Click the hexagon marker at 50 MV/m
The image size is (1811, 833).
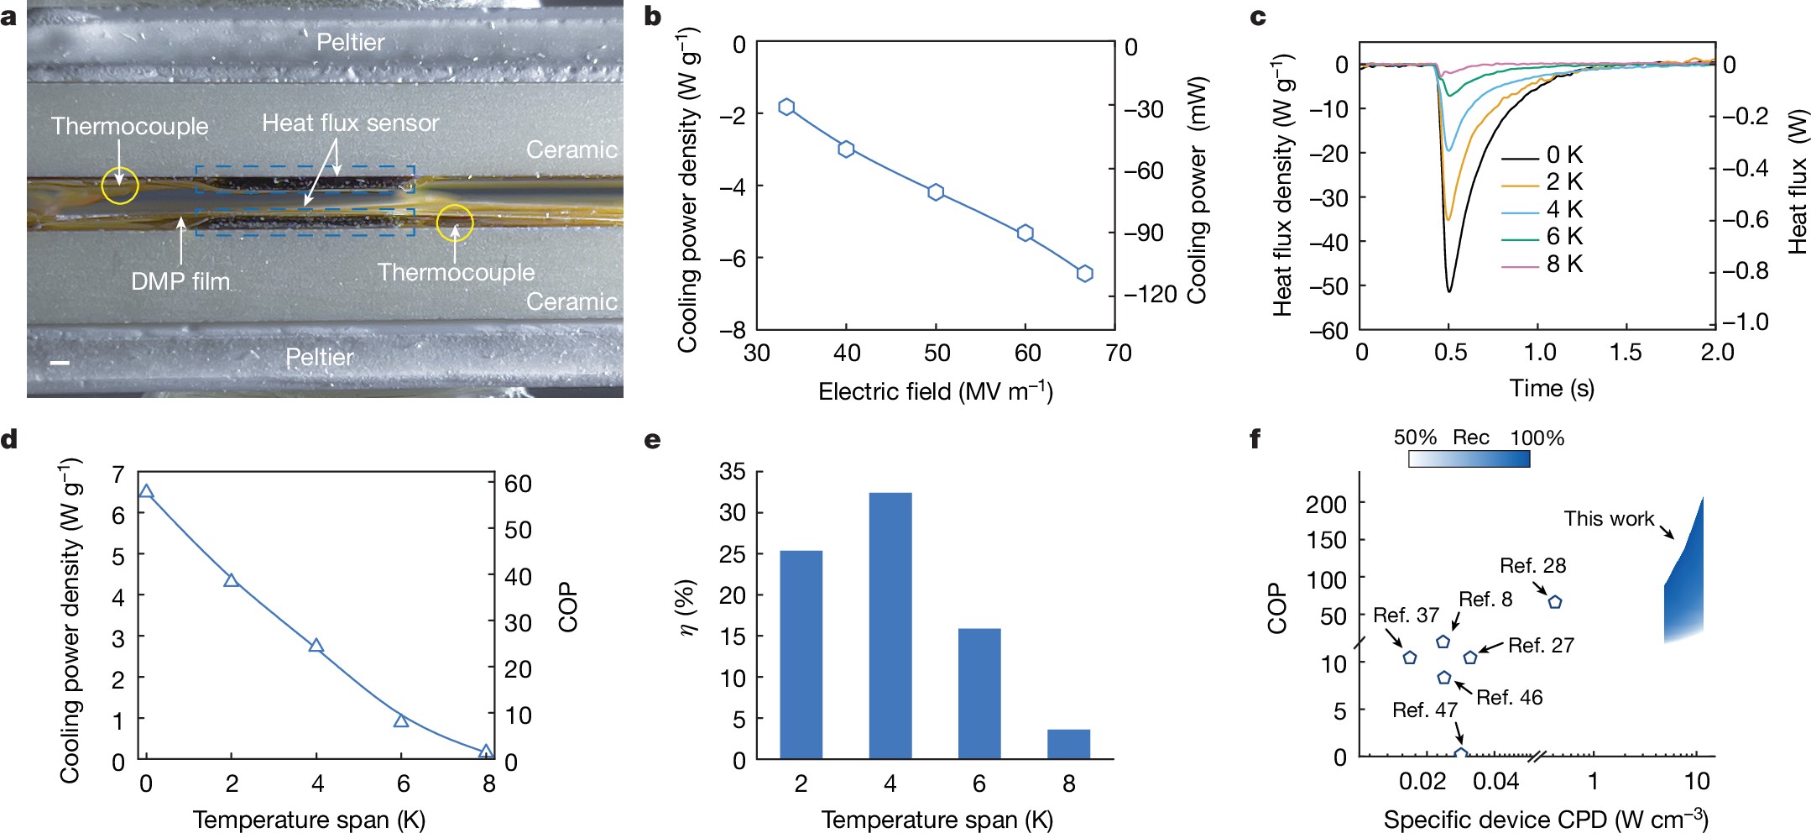(x=936, y=192)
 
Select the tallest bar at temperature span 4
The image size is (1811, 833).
(x=890, y=626)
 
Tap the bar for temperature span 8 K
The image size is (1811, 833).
(x=1068, y=744)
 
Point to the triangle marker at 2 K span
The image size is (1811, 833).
(x=232, y=580)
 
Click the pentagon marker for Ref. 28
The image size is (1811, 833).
(x=1554, y=602)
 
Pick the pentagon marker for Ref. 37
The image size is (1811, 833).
(x=1410, y=657)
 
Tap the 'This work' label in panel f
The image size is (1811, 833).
(x=1608, y=519)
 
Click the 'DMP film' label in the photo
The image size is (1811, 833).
(x=180, y=281)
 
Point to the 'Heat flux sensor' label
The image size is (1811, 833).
(x=350, y=123)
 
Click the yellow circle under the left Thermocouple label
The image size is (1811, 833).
(x=120, y=186)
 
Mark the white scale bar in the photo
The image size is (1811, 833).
(x=60, y=363)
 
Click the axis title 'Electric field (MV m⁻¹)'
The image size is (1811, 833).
(x=935, y=391)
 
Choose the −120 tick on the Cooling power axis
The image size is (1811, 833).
(x=1151, y=295)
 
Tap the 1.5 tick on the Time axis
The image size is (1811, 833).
(x=1626, y=352)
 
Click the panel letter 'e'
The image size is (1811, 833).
(x=652, y=440)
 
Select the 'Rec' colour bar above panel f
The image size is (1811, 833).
(x=1469, y=459)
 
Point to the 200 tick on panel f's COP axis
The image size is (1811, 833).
(x=1326, y=504)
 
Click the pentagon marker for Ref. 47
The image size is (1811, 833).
(x=1460, y=755)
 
